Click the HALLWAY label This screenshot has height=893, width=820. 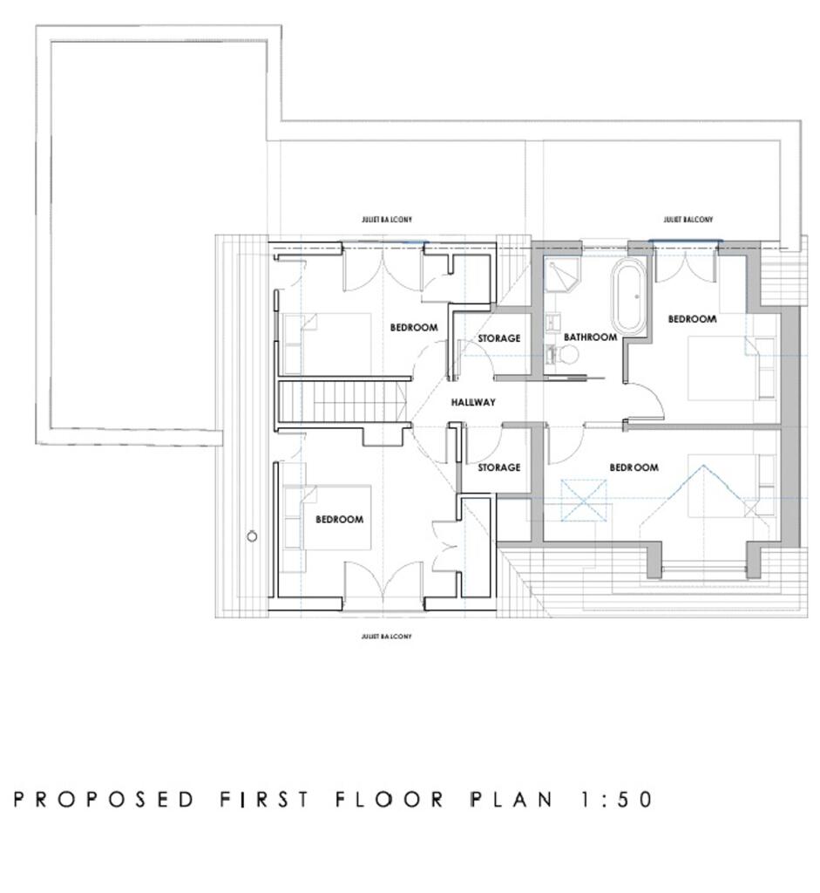[x=473, y=402]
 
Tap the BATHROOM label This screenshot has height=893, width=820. [x=590, y=337]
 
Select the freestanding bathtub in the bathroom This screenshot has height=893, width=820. [x=628, y=296]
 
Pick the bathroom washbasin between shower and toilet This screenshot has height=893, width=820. [x=552, y=324]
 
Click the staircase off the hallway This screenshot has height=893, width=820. [x=343, y=403]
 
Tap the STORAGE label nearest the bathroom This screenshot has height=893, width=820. [x=499, y=338]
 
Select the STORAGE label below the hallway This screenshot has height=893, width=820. [x=499, y=467]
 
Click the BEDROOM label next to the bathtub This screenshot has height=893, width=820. [x=692, y=319]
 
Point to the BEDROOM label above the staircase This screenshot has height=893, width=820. [x=413, y=327]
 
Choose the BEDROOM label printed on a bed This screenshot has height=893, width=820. [x=339, y=519]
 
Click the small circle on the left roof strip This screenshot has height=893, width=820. [x=252, y=536]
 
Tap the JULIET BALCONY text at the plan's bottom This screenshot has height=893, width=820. [x=386, y=637]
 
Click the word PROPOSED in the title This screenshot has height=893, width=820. [x=105, y=799]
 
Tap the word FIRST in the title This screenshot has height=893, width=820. [x=264, y=799]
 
